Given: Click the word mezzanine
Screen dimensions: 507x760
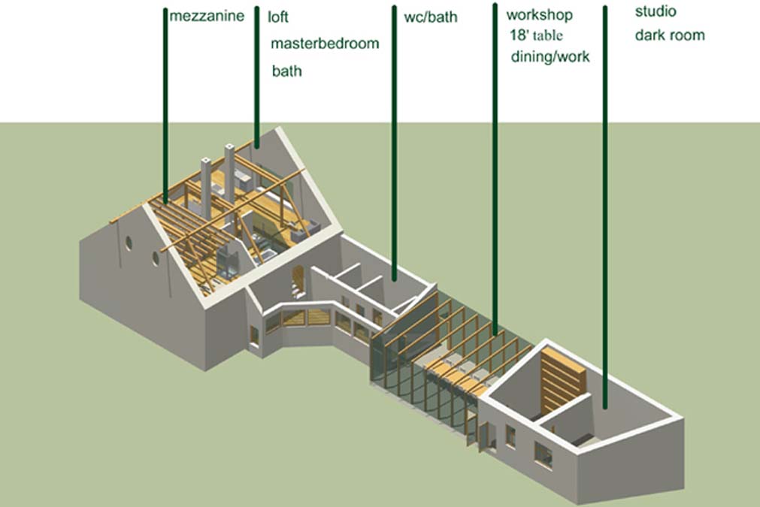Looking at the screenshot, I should [x=207, y=16].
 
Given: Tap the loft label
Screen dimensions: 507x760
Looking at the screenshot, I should [x=278, y=16].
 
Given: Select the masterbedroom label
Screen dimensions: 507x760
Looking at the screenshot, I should [x=325, y=43].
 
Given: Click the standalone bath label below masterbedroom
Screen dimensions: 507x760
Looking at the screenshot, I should [x=286, y=71].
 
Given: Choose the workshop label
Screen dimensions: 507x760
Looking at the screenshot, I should [x=540, y=15].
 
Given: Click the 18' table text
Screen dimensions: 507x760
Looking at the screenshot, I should [x=537, y=35].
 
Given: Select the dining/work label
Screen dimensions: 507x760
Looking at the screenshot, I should [x=550, y=56].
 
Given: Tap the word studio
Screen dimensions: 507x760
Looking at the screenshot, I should [x=656, y=12].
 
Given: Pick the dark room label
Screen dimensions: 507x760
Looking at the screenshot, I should [x=670, y=35].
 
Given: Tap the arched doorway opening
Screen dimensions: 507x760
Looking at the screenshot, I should [x=298, y=279].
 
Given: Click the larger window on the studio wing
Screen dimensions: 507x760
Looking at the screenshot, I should [x=543, y=454].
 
